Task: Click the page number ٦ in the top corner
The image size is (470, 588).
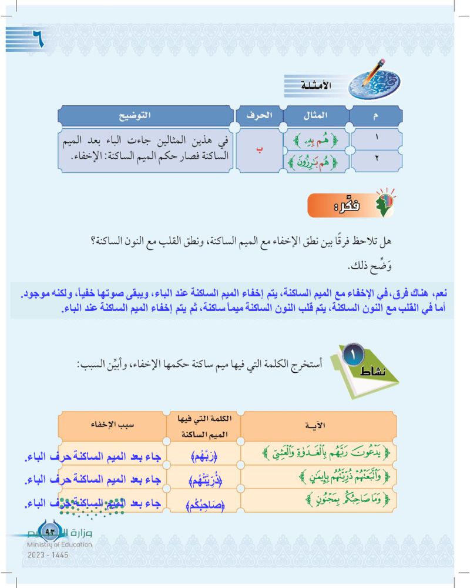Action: (35, 40)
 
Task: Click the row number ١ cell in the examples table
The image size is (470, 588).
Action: (376, 141)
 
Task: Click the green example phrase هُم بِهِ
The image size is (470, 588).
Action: (316, 141)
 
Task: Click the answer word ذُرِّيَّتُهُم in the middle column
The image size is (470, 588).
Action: (204, 480)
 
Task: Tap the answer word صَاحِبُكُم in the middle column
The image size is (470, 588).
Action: (204, 503)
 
